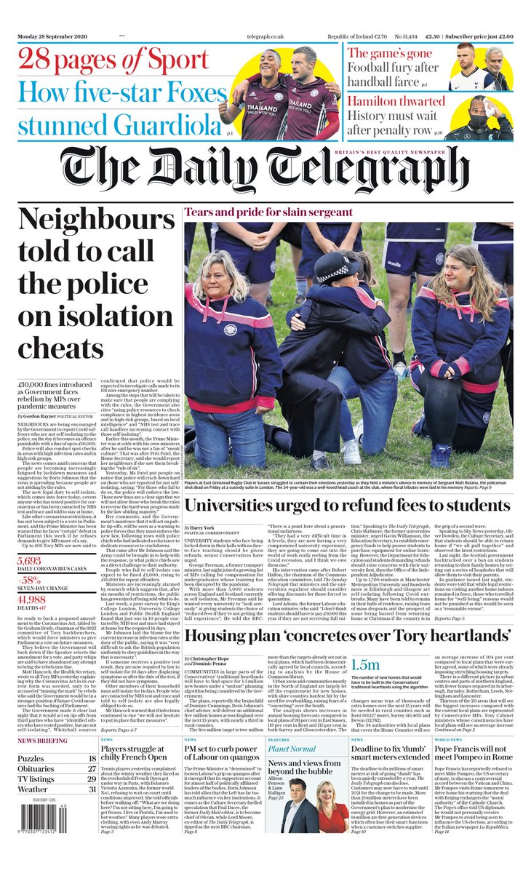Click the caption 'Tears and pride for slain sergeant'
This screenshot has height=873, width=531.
(268, 212)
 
